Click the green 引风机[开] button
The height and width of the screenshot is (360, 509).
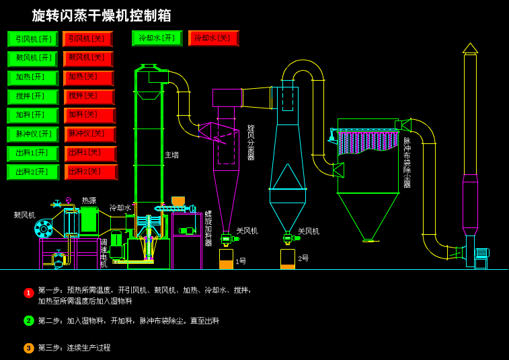(x=32, y=39)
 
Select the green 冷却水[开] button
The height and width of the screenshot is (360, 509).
(x=157, y=38)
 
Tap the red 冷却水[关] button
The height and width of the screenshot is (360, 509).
(x=213, y=38)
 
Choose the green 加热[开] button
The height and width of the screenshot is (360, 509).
(x=33, y=78)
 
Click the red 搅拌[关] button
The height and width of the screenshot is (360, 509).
(x=89, y=97)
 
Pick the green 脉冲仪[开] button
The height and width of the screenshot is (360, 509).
(x=33, y=135)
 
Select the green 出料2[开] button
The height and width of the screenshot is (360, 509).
(x=33, y=172)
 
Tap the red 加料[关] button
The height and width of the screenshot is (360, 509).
(x=89, y=116)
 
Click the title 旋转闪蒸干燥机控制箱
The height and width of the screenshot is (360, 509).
(x=102, y=15)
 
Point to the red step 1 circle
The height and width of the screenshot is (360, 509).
(x=29, y=293)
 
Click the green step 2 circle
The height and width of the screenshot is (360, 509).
(x=29, y=321)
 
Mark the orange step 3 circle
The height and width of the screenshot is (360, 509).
(x=29, y=348)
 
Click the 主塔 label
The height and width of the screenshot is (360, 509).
(x=171, y=155)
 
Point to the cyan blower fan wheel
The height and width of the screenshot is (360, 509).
(x=44, y=229)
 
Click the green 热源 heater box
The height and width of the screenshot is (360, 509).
(x=89, y=220)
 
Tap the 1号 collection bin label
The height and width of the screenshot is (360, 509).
(x=241, y=261)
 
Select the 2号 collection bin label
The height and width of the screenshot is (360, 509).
(x=303, y=258)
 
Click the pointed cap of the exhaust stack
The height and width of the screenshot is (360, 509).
(x=470, y=48)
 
